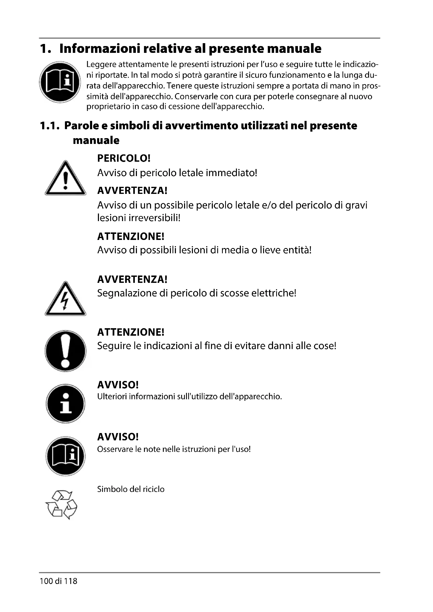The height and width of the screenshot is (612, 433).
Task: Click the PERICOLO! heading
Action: [x=124, y=158]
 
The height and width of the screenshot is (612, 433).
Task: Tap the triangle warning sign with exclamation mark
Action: [x=65, y=178]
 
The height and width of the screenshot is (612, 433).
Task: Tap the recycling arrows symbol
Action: [x=61, y=504]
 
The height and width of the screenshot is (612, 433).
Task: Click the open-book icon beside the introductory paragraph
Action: [x=60, y=82]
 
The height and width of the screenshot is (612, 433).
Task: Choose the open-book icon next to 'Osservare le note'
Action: [x=65, y=456]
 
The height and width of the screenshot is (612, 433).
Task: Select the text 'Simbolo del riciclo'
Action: [x=131, y=489]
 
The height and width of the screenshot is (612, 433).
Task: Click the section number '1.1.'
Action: [x=49, y=126]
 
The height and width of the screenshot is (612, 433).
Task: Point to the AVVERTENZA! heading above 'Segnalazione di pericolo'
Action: [x=132, y=279]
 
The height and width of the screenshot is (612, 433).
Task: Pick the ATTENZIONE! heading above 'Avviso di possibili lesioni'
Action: [x=131, y=236]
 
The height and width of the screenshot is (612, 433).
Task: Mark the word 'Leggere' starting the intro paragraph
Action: [x=101, y=65]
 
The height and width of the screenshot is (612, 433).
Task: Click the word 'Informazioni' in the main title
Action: [x=100, y=48]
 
